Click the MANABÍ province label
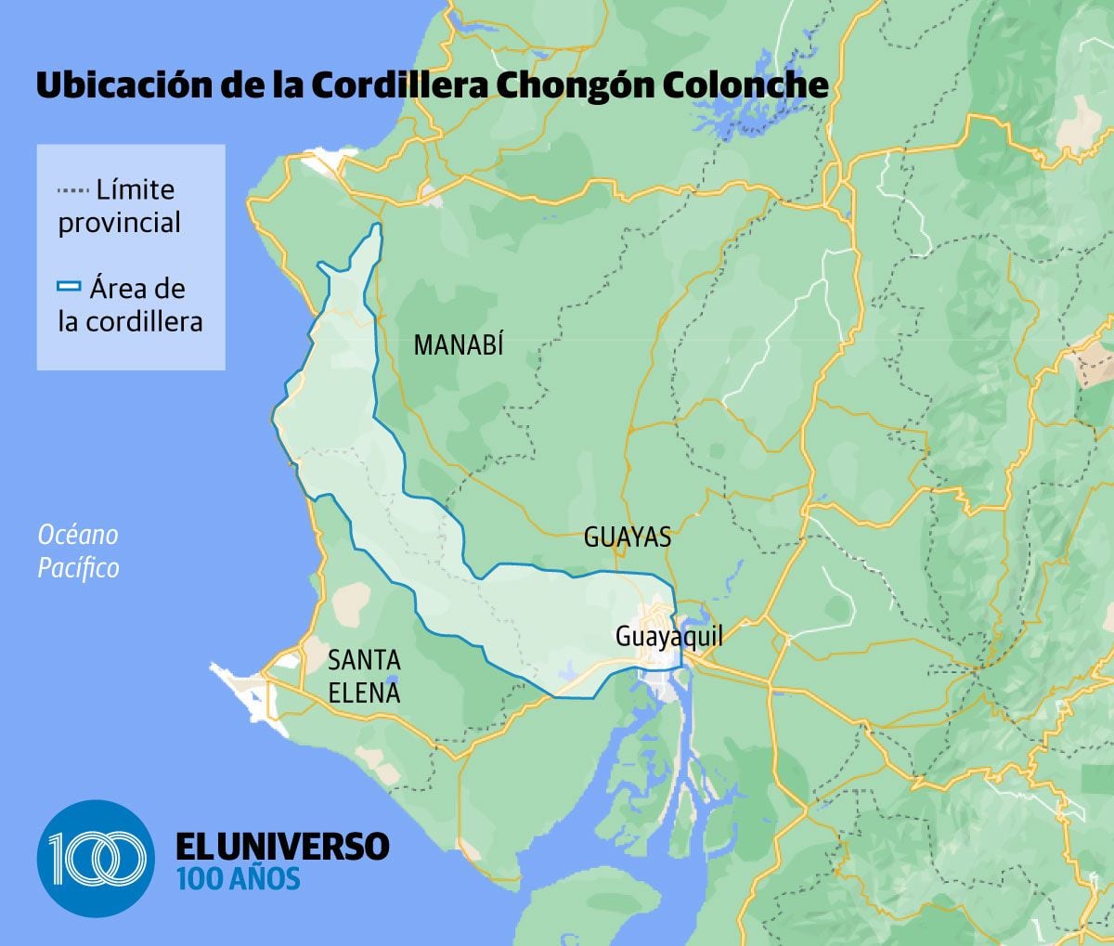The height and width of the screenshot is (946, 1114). pos(459,345)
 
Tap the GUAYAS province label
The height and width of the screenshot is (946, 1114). pos(628,538)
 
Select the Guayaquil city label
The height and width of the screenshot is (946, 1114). pos(668,637)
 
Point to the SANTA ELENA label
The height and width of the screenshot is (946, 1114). pos(364,676)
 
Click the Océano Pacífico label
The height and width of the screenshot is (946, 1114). pos(78,551)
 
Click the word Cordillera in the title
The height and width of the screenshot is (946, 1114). pos(400,85)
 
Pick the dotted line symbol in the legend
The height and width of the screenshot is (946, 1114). pos(72,190)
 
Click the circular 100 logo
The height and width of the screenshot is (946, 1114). pos(97,859)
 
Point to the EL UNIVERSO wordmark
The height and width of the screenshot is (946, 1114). pos(282,846)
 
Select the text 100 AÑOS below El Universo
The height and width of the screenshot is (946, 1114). pos(239,878)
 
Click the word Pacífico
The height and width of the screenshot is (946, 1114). pos(78,567)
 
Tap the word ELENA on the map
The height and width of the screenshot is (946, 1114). pos(364,693)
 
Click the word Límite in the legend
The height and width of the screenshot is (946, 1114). pos(136,190)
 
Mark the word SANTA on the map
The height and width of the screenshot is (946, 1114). pos(364,660)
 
